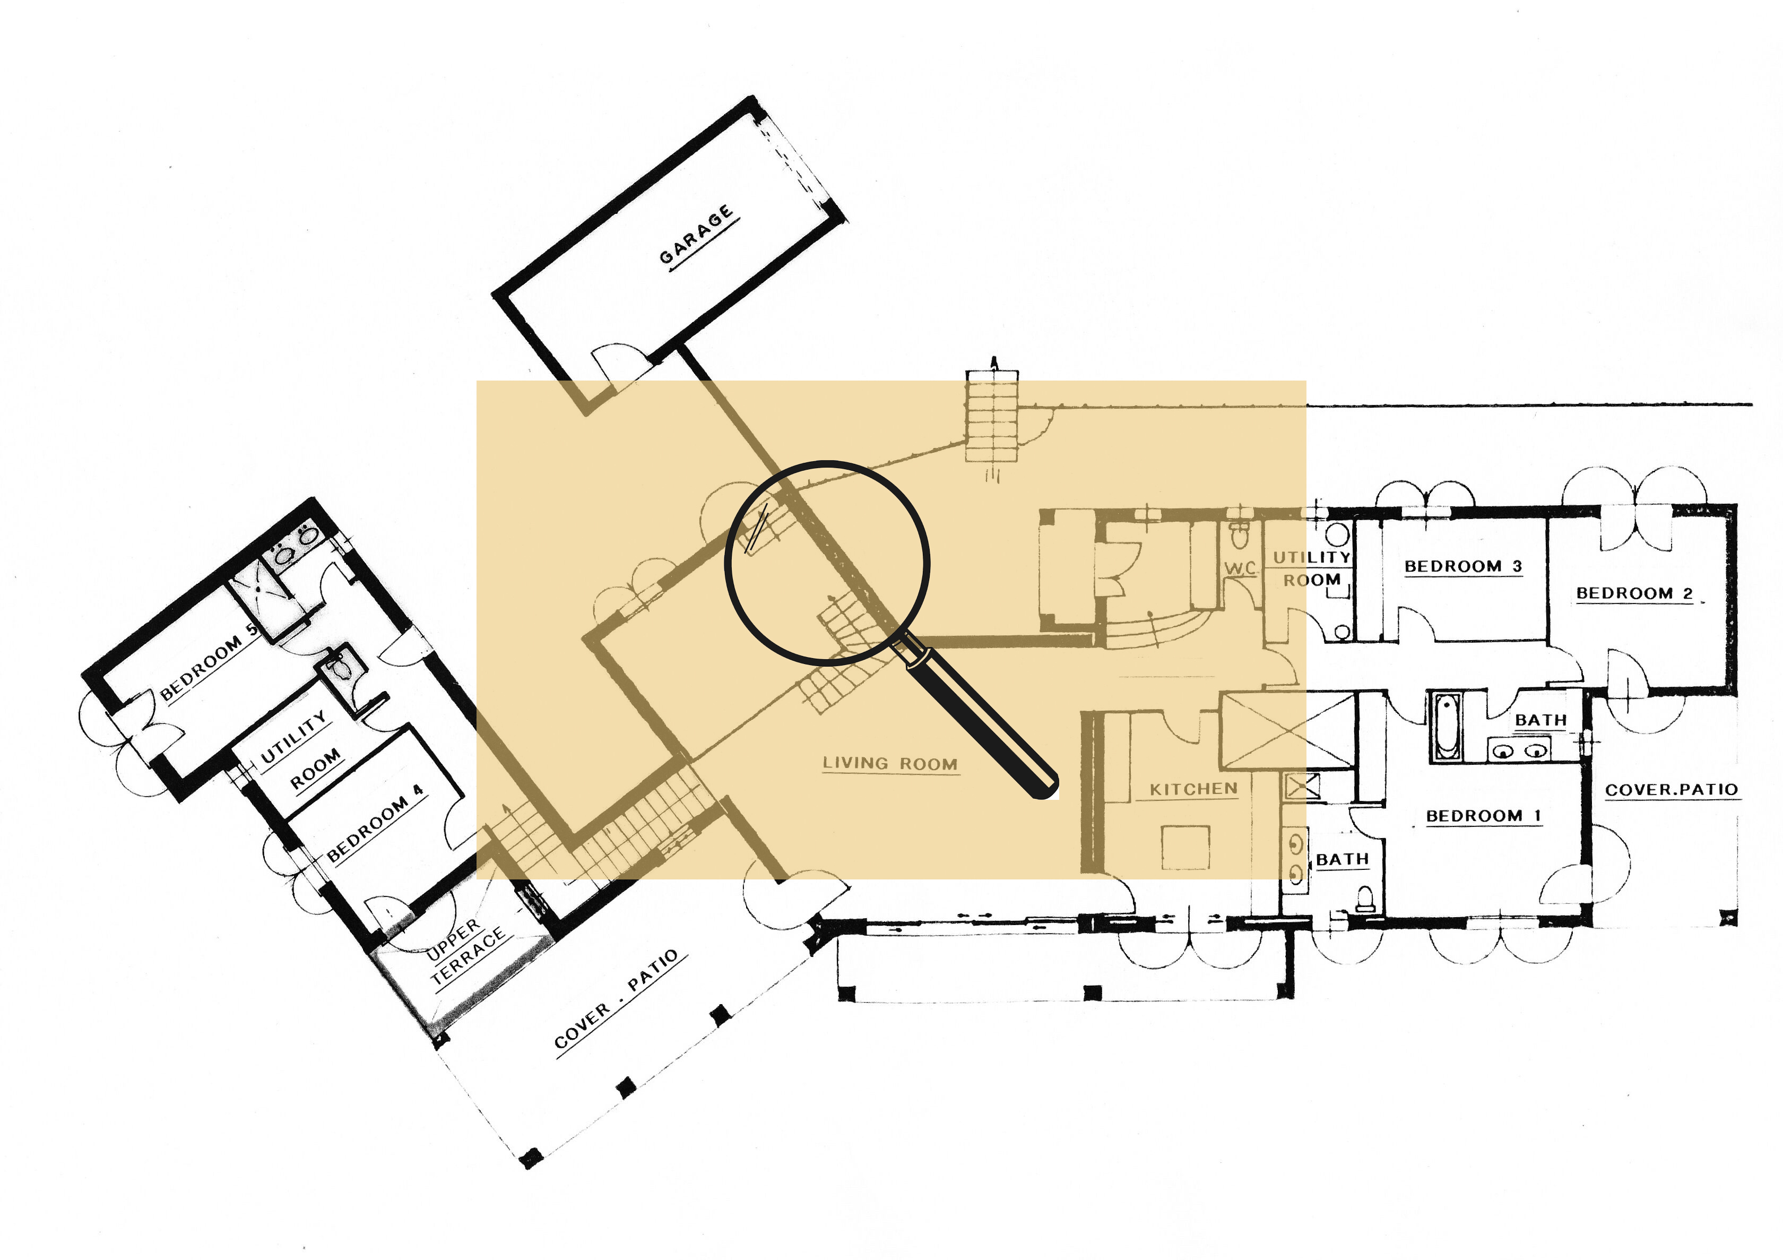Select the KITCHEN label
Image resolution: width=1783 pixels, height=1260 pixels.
[1193, 789]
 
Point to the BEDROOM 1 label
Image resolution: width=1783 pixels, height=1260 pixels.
[1483, 816]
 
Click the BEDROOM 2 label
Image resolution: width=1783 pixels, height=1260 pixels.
[1634, 593]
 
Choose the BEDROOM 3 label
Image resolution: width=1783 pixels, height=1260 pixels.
[1463, 566]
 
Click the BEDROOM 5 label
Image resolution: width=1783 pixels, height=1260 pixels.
[208, 662]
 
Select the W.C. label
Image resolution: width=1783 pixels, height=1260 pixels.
[1240, 568]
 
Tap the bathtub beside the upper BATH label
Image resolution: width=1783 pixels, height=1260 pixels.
[1446, 726]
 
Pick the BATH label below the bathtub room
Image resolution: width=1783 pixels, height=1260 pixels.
[1342, 859]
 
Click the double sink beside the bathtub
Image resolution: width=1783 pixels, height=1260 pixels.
[1518, 750]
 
